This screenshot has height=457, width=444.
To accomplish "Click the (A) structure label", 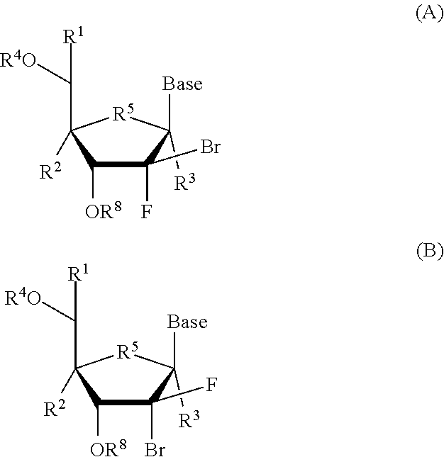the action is [428, 14].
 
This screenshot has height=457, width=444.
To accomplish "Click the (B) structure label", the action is [428, 251].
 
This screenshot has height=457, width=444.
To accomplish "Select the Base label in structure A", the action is [182, 84].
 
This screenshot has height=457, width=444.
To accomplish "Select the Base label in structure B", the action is [187, 322].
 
